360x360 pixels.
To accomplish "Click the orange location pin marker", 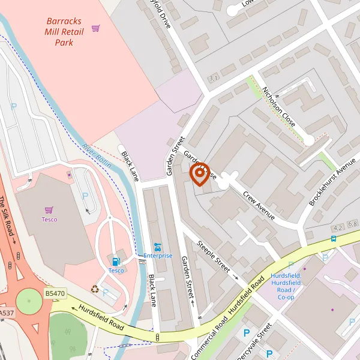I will click(x=199, y=174).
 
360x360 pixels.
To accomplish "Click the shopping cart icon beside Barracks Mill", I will click(x=95, y=28).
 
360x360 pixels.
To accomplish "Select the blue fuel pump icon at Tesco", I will click(x=116, y=261).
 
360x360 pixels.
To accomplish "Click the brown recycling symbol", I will click(x=95, y=289).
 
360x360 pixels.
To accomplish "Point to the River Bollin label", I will click(x=98, y=155).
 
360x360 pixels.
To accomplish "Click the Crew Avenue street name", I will click(x=259, y=203).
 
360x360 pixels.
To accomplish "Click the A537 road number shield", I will click(x=6, y=313).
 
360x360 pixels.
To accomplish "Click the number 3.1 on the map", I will click(x=212, y=79).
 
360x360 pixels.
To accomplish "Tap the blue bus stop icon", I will click(x=333, y=238).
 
